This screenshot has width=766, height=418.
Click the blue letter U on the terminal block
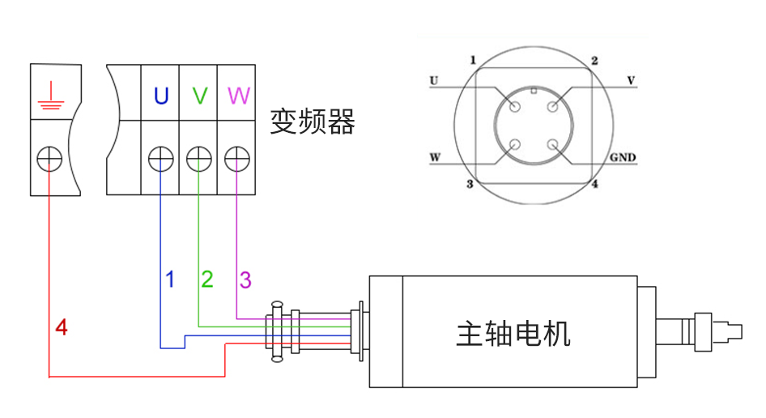(x=160, y=96)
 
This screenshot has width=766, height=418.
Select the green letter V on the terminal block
(x=199, y=96)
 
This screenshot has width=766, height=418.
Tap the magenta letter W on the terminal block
(x=238, y=96)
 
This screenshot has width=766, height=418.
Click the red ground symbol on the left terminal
(x=49, y=95)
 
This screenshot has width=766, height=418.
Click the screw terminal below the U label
(x=160, y=158)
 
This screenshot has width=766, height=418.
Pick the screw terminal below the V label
(x=199, y=158)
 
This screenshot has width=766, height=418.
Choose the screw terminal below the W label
(x=236, y=158)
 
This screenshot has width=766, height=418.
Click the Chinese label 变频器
(x=313, y=122)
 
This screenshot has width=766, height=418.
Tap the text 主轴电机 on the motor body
(x=513, y=333)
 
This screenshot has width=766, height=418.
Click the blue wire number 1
(x=170, y=280)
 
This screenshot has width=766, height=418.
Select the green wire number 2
(x=207, y=280)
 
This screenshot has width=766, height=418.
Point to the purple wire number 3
(x=245, y=280)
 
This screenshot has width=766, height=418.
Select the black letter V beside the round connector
(x=631, y=81)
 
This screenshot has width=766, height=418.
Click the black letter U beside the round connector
(x=434, y=81)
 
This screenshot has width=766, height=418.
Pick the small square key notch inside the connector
(x=534, y=91)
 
